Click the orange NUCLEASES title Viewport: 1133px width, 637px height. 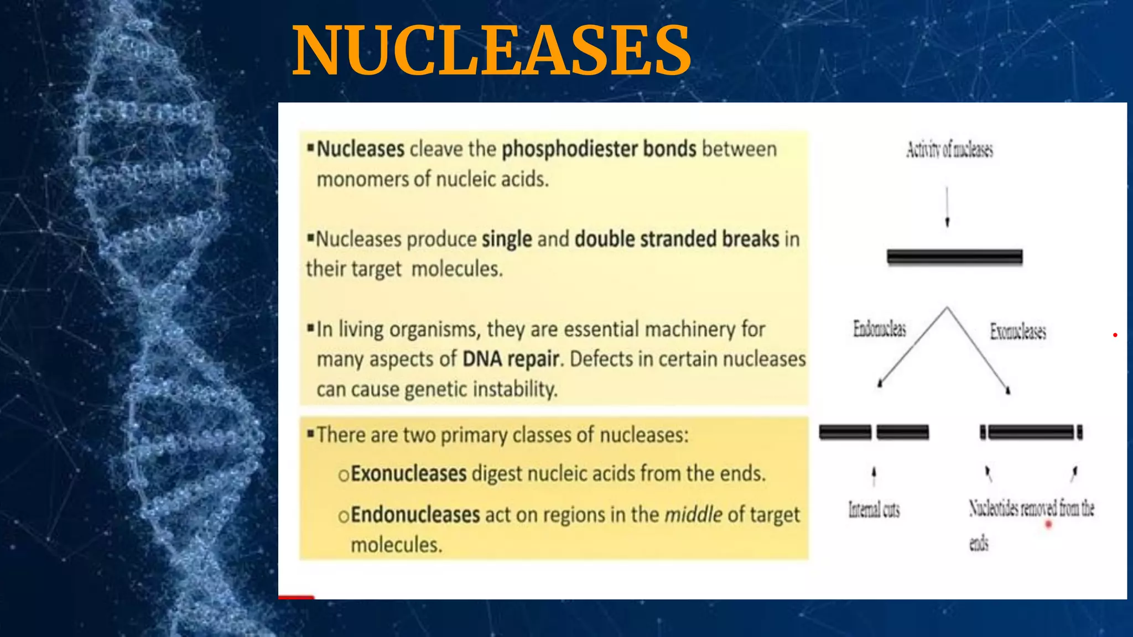click(491, 51)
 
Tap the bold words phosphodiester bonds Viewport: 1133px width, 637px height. click(599, 149)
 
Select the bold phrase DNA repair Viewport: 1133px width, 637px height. click(511, 359)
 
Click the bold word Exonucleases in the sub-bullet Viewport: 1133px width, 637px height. click(409, 474)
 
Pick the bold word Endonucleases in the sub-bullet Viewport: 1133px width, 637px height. click(415, 515)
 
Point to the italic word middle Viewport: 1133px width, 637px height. click(693, 515)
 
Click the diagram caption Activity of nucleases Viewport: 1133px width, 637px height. click(949, 149)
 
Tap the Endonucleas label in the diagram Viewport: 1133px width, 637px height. click(879, 329)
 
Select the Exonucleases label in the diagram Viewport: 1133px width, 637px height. click(1018, 331)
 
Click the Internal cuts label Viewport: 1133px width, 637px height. click(874, 509)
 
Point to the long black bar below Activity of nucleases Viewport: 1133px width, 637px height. click(954, 257)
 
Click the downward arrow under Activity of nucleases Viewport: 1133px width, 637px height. click(947, 207)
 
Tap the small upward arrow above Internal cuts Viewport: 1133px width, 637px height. click(874, 474)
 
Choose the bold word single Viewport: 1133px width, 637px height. click(507, 239)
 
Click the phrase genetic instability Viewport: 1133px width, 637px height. click(481, 389)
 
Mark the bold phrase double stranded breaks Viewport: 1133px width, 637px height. click(677, 239)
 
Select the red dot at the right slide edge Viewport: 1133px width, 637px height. click(1115, 335)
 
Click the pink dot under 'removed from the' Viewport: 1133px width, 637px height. click(1048, 524)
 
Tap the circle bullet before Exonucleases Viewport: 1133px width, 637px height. click(344, 475)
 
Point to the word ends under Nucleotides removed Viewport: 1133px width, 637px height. click(979, 543)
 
